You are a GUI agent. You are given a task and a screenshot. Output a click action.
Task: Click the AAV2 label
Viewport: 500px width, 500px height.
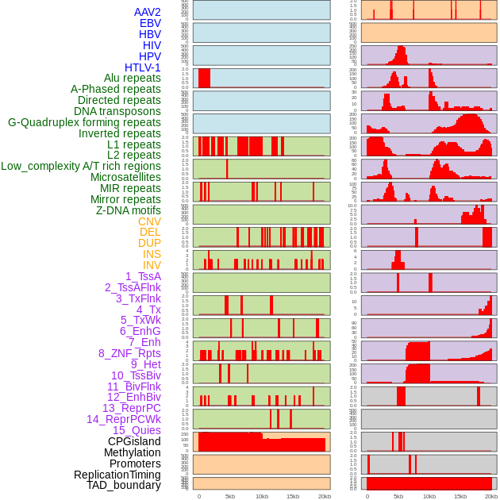tap(147, 12)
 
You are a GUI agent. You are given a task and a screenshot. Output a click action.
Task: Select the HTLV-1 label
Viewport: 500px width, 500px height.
tap(142, 67)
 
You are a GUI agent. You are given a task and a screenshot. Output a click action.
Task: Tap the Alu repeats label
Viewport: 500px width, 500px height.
tap(132, 79)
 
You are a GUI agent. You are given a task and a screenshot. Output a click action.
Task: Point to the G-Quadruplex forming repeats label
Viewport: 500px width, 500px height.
tap(84, 122)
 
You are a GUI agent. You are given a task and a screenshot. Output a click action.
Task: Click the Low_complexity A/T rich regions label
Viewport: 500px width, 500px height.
tap(80, 166)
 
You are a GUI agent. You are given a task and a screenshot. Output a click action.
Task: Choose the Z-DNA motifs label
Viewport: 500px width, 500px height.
tap(128, 210)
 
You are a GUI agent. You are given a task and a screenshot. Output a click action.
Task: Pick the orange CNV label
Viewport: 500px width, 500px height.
tap(149, 221)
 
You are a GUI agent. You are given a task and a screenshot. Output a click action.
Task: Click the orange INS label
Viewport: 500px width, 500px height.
tap(152, 254)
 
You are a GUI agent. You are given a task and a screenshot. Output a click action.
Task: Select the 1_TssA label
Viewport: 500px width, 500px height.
tap(143, 276)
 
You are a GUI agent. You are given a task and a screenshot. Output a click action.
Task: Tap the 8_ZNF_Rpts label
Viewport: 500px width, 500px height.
tap(129, 353)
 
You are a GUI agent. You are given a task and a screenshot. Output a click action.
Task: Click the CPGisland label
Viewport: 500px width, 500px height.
tap(134, 441)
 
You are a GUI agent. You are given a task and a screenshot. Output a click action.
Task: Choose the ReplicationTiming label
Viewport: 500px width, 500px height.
tap(117, 475)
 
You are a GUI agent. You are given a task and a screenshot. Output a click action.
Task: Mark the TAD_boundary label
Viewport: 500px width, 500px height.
tap(123, 485)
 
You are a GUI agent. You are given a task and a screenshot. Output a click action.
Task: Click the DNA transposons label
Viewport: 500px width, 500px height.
tap(117, 111)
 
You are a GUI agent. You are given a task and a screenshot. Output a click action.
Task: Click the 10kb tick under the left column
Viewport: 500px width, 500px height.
tap(261, 497)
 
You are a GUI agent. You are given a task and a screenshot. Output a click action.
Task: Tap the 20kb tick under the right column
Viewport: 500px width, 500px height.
tap(491, 497)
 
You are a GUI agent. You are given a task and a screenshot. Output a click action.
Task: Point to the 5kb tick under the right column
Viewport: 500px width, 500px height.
tap(398, 497)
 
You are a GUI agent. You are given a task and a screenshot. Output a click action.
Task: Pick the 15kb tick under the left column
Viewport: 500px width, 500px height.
tap(292, 497)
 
